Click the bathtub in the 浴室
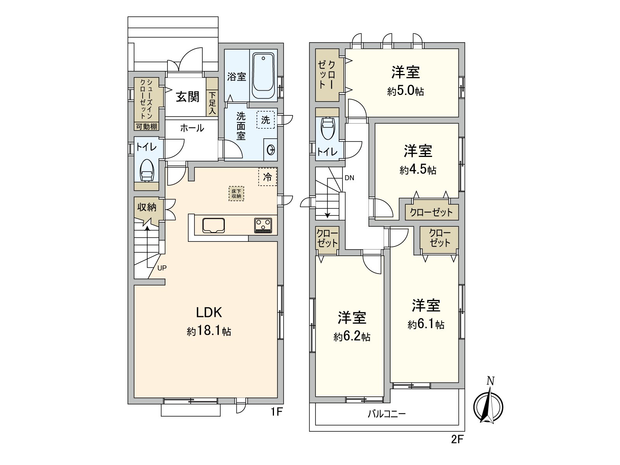pyautogui.click(x=263, y=76)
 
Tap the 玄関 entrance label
pyautogui.click(x=188, y=96)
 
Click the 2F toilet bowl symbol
pyautogui.click(x=327, y=128)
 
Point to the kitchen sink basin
pyautogui.click(x=213, y=226)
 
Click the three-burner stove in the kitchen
pyautogui.click(x=263, y=225)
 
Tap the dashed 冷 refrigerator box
pyautogui.click(x=268, y=177)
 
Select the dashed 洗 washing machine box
pyautogui.click(x=265, y=120)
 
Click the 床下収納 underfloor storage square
pyautogui.click(x=236, y=193)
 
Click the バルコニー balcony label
pyautogui.click(x=386, y=414)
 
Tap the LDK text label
pyautogui.click(x=208, y=312)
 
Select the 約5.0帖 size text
pyautogui.click(x=405, y=91)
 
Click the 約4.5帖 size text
pyautogui.click(x=418, y=170)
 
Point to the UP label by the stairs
pyautogui.click(x=162, y=268)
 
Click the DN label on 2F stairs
pyautogui.click(x=349, y=178)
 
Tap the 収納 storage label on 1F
pyautogui.click(x=147, y=207)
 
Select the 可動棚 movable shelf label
pyautogui.click(x=146, y=126)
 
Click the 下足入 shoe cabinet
pyautogui.click(x=212, y=102)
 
